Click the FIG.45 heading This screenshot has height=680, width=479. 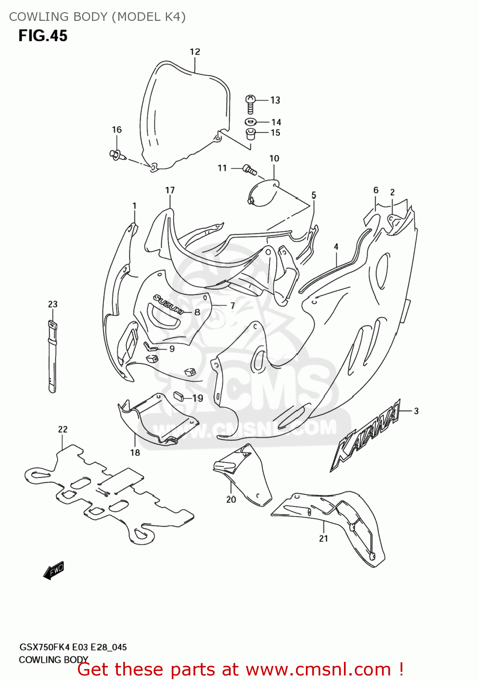coord(43,36)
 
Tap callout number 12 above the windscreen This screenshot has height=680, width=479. coord(195,52)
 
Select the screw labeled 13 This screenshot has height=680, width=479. coord(250,104)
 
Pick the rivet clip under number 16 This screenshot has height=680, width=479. coord(116,155)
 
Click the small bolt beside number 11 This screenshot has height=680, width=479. coord(249,170)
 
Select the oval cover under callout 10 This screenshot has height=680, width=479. coord(263,194)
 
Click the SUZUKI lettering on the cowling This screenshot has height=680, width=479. coord(168,305)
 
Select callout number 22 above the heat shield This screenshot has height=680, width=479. coord(63,429)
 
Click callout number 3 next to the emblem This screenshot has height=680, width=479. coord(416,411)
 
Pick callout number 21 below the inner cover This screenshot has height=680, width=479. coord(323,539)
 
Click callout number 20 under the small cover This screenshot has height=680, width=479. coord(231,500)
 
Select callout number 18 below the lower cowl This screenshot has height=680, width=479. coord(135,452)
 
